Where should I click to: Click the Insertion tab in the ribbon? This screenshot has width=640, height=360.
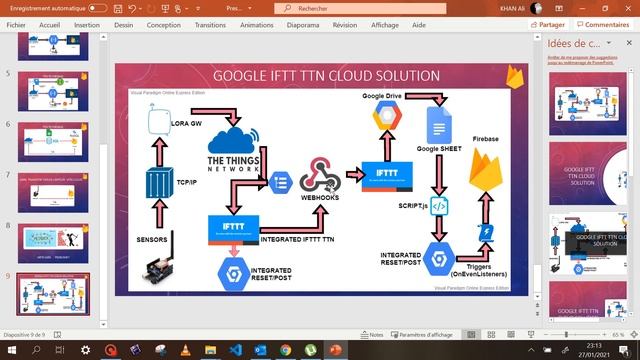coord(87,25)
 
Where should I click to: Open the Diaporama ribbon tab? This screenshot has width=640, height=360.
coord(302,25)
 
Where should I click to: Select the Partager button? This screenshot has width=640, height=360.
coord(551,25)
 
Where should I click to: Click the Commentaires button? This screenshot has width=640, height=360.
coord(607,25)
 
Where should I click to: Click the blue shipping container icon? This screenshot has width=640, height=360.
coord(158,184)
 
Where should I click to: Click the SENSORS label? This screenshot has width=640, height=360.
coord(152,240)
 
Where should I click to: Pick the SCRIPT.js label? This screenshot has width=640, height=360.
coord(413,205)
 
